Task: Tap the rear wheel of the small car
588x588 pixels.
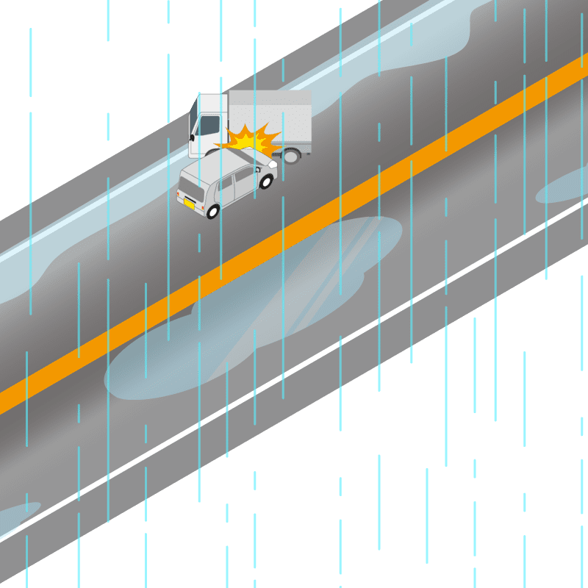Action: (x=213, y=212)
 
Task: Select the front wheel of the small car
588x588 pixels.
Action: (x=266, y=181)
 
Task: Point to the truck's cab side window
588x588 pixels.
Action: (x=208, y=125)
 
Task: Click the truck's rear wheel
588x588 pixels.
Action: (x=293, y=155)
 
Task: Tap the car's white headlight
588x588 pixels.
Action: (x=273, y=165)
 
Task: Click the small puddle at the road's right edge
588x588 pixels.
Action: (x=562, y=187)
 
